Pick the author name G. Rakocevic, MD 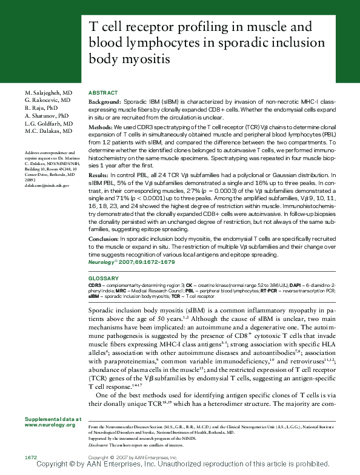pyautogui.click(x=47, y=99)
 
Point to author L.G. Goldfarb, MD pyautogui.click(x=48, y=123)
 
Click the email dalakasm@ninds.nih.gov pyautogui.click(x=47, y=184)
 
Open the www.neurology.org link pyautogui.click(x=50, y=425)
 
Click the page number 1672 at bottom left pyautogui.click(x=32, y=456)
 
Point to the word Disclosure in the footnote pyautogui.click(x=99, y=444)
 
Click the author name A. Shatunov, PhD pyautogui.click(x=47, y=115)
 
